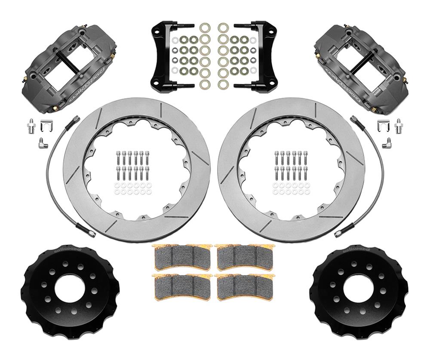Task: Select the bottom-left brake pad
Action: (183, 286)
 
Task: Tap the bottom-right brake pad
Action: (244, 286)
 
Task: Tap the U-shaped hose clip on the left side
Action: (48, 126)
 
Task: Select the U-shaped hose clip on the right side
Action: (381, 126)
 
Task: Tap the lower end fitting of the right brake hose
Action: (340, 233)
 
